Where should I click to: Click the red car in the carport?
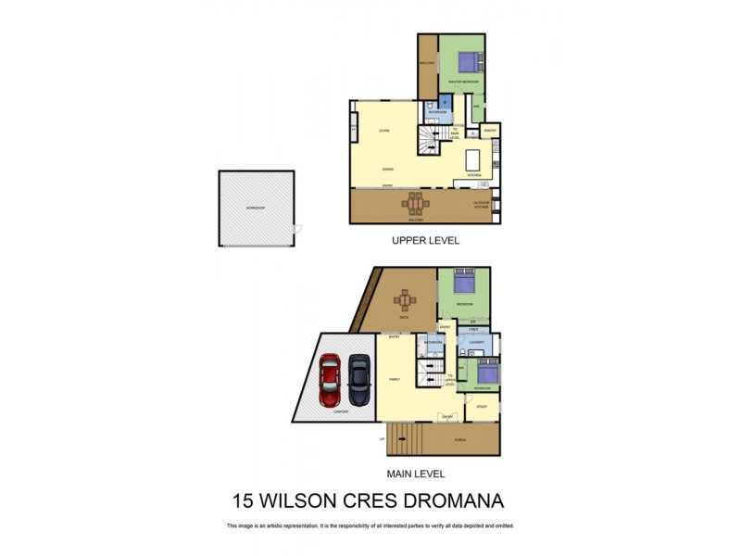pos(331,382)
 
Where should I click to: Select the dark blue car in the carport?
pos(358,382)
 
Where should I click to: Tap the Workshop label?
pos(256,208)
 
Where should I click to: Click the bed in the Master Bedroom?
pos(469,62)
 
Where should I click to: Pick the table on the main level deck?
pos(404,299)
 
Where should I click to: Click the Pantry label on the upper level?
pos(490,131)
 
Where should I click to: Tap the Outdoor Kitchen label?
pos(481,205)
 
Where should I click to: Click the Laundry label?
pos(477,343)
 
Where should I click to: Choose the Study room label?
pos(482,407)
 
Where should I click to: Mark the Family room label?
pos(394,381)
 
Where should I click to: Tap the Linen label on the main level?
pos(473,330)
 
